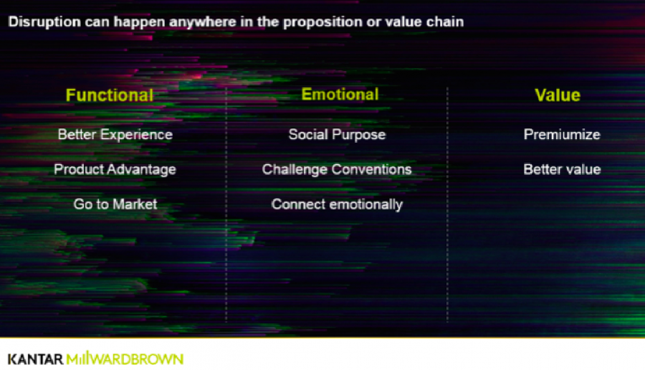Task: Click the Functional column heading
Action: point(110,95)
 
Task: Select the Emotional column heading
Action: point(340,94)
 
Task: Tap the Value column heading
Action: point(558,95)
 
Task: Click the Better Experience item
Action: point(115,135)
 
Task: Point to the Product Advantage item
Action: point(115,169)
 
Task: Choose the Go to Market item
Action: point(115,204)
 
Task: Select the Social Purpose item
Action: point(337,135)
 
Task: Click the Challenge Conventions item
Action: point(337,169)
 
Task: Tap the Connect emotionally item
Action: point(337,204)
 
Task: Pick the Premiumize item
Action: point(562,135)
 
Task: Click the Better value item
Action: point(562,169)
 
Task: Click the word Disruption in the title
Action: point(44,22)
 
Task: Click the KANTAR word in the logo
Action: point(35,359)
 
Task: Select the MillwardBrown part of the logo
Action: point(125,359)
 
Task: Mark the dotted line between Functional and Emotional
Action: point(226,204)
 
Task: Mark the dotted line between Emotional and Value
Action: point(447,204)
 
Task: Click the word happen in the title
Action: point(139,22)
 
